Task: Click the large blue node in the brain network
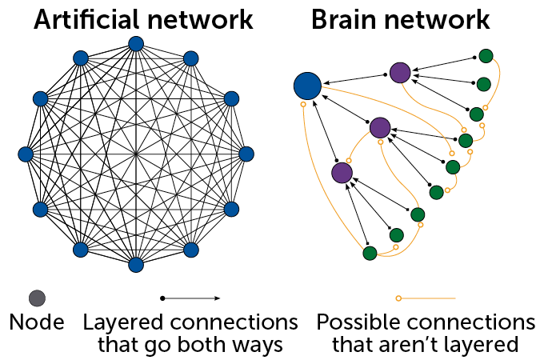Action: pos(307,85)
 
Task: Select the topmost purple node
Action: pos(400,73)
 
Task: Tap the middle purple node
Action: pos(380,127)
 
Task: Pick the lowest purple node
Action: pos(342,172)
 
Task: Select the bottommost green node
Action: pos(370,253)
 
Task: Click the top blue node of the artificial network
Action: pos(136,44)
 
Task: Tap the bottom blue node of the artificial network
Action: pos(136,263)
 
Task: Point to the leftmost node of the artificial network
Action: pos(26,154)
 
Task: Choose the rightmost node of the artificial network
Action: pos(246,154)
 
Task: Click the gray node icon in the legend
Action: pos(37,298)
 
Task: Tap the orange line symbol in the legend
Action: pos(426,298)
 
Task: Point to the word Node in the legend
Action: pos(37,324)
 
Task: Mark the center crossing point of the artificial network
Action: pos(136,154)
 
